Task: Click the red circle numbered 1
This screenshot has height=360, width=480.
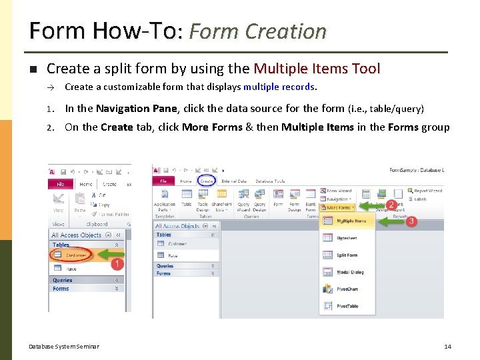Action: [117, 265]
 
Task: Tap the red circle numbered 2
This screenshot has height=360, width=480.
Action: [392, 204]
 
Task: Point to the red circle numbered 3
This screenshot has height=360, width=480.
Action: [411, 221]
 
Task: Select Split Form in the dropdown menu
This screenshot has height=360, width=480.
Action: [347, 255]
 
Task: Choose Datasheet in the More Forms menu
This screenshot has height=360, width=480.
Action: [347, 237]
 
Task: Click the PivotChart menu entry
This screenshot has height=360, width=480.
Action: [347, 289]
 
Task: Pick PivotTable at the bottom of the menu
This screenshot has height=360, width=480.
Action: [347, 306]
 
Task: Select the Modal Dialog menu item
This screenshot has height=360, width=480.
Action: [349, 272]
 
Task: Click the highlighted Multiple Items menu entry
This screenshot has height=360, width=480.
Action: [351, 221]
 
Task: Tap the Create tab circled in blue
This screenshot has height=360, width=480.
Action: [207, 181]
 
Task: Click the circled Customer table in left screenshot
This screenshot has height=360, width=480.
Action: [75, 255]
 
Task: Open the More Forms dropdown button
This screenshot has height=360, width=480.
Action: [338, 207]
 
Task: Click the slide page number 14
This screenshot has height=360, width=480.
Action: [447, 346]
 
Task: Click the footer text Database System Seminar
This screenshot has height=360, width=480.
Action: [64, 346]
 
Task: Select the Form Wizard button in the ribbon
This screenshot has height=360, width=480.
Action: [339, 191]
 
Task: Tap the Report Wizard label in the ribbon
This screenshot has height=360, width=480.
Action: [427, 191]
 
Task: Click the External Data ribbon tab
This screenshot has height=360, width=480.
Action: [233, 181]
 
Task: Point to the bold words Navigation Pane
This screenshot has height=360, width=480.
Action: [136, 109]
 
